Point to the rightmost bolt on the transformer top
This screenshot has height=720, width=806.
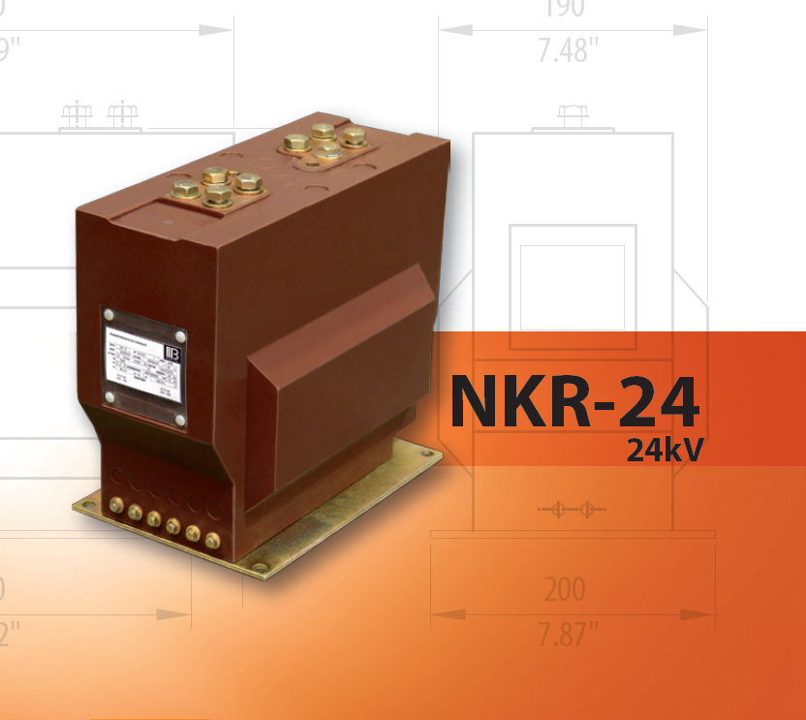(354, 136)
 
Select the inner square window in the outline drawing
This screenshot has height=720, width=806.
(573, 287)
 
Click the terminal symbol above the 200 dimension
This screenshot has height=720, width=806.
(572, 509)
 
